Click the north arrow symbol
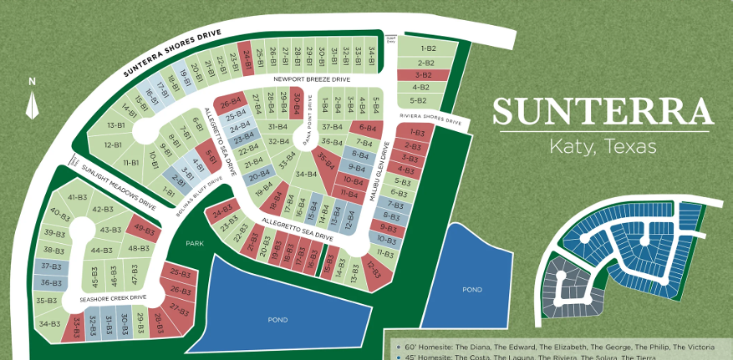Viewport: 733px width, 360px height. point(32,106)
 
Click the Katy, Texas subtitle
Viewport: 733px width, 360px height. point(602,146)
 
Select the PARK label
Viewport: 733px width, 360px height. point(195,242)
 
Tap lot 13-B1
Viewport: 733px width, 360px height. point(115,125)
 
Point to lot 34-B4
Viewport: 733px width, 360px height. point(306,174)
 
